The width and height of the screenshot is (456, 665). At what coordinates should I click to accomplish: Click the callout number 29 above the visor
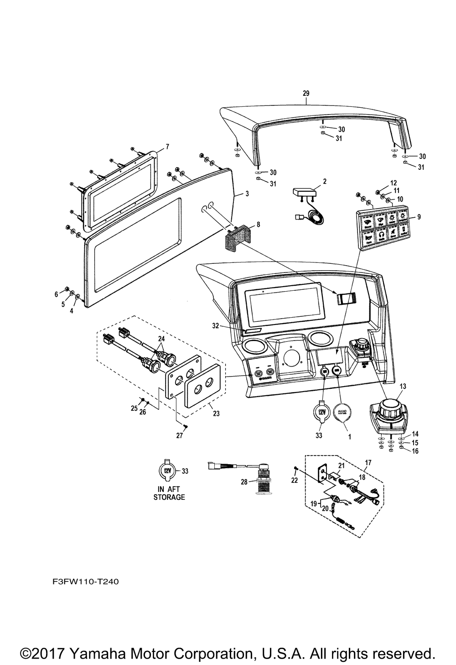coord(306,94)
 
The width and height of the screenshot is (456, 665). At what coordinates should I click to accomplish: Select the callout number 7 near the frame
coord(167,147)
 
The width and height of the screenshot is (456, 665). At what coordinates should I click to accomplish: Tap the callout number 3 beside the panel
coord(247,194)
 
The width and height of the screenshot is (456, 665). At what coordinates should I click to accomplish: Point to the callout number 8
coord(258,225)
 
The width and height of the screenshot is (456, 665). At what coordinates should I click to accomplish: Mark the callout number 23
coord(216,414)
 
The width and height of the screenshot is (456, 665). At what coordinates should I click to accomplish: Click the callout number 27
coord(180,435)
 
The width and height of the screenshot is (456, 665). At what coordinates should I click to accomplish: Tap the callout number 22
coord(294,481)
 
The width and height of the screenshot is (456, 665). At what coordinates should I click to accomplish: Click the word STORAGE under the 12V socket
coord(169,497)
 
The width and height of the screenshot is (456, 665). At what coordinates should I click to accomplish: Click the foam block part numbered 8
coord(239,238)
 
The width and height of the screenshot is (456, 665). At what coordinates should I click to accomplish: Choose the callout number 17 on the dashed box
coord(368,462)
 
